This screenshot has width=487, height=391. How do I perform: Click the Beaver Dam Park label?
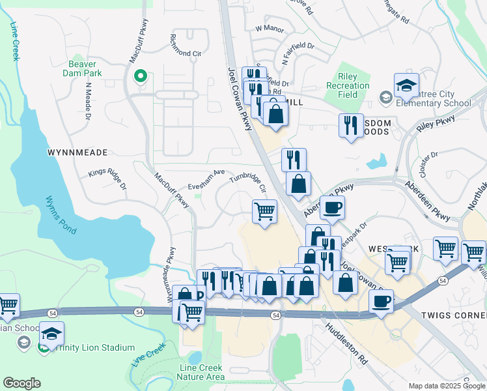click(x=83, y=69)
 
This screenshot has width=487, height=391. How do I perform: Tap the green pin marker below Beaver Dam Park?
click(x=139, y=78)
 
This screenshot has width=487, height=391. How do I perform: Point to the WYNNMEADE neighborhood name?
click(x=77, y=152)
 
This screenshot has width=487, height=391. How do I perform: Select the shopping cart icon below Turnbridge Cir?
click(x=264, y=210)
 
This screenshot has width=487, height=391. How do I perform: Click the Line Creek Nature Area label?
click(x=202, y=372)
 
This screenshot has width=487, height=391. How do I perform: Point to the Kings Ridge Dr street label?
click(x=107, y=173)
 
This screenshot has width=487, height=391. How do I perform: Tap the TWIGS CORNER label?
click(x=450, y=314)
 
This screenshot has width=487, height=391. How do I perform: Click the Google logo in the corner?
click(x=21, y=383)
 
